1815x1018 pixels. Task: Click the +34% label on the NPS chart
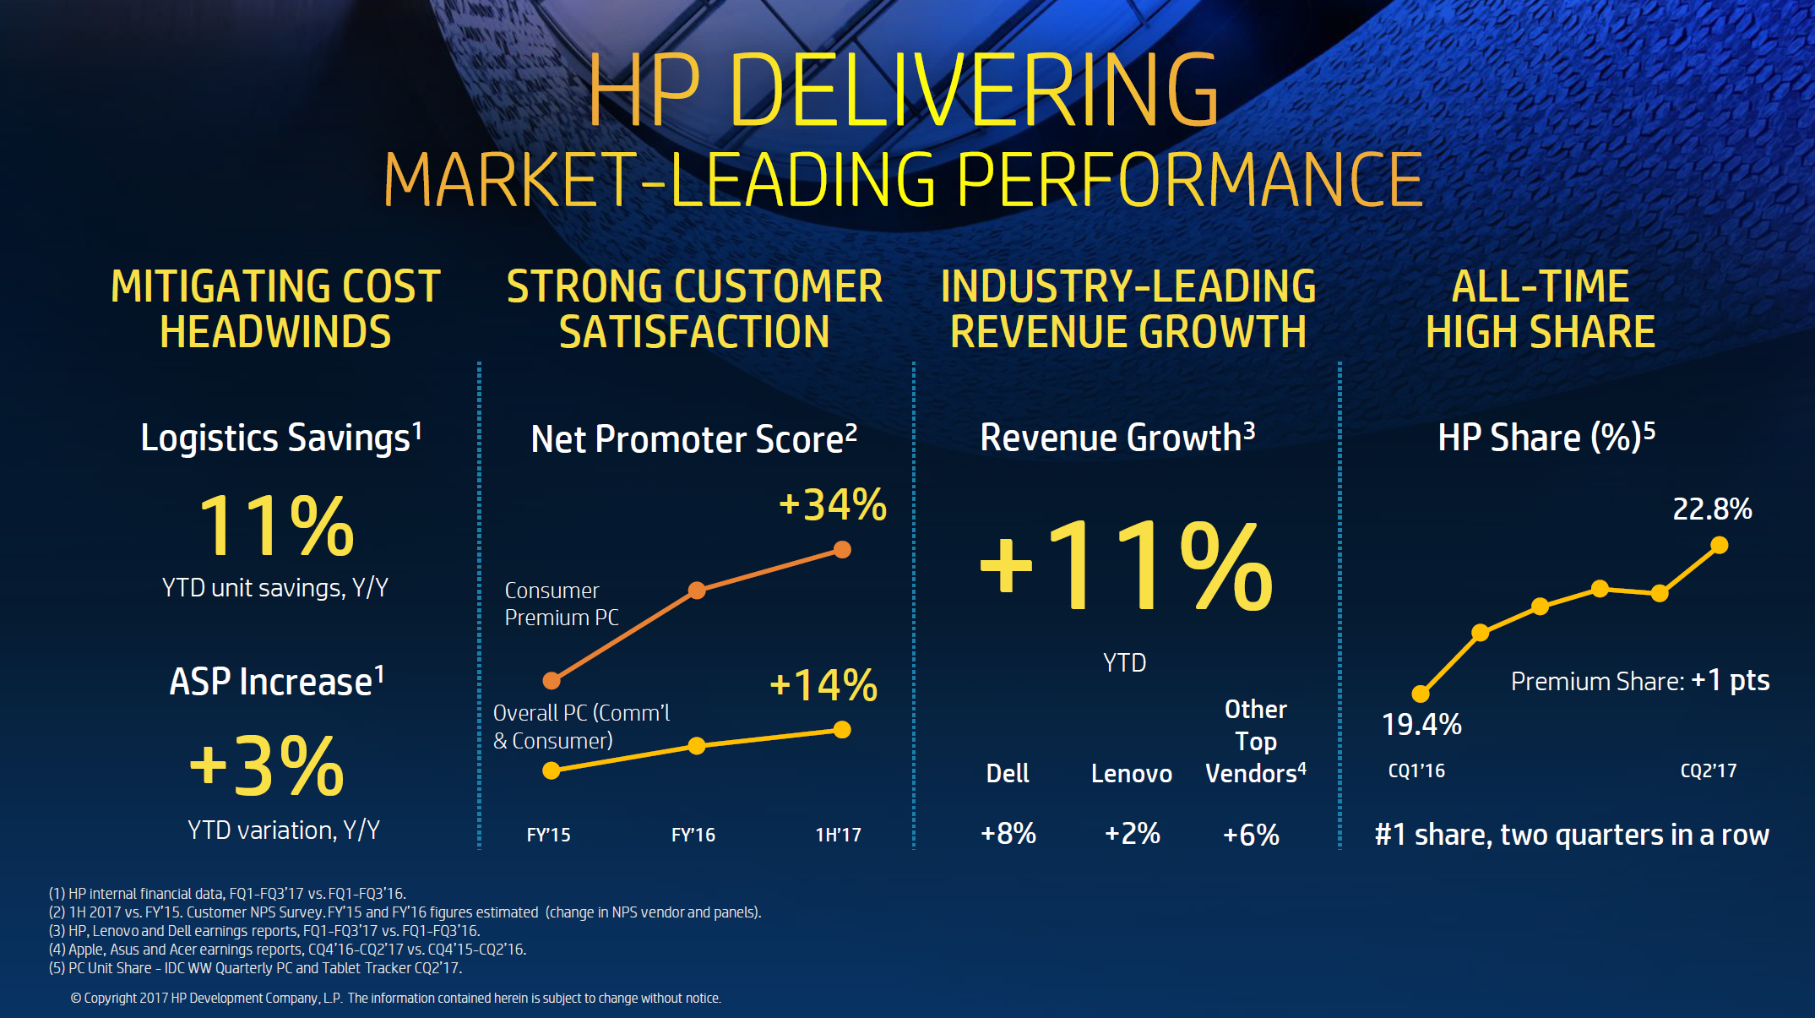[833, 505]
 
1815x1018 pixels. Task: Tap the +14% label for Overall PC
[823, 685]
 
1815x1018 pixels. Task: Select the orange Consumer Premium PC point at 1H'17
[842, 550]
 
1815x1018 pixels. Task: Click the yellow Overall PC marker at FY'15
[552, 770]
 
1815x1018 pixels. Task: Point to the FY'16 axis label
[693, 835]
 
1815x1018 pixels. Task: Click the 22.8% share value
[1712, 509]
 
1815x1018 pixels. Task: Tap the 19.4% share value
[1421, 725]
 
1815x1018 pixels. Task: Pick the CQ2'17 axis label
[1708, 770]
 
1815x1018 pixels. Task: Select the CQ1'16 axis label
[1416, 770]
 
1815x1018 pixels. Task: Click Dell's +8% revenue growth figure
[1008, 834]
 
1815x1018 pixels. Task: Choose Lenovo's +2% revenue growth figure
[1132, 834]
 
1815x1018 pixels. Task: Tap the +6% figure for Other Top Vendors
[1251, 835]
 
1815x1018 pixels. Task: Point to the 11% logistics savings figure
[276, 526]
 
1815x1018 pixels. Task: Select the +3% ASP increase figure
[267, 766]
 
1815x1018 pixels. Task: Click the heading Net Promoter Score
[693, 439]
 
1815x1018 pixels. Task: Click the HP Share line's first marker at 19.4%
[1421, 694]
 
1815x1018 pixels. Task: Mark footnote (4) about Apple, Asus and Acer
[287, 950]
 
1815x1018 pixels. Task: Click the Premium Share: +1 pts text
[1639, 681]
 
